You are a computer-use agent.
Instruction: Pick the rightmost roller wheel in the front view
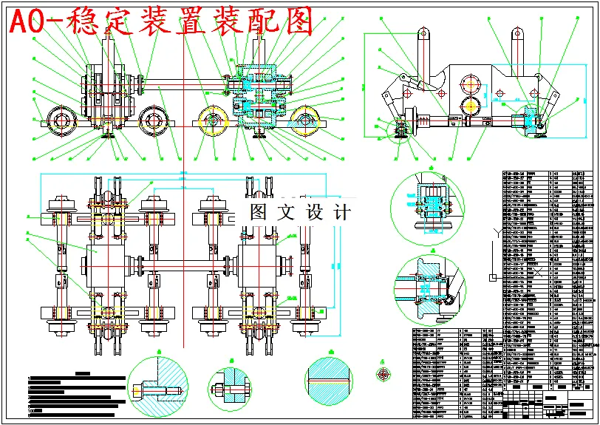[x=307, y=120]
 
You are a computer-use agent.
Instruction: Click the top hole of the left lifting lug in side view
[x=423, y=34]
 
